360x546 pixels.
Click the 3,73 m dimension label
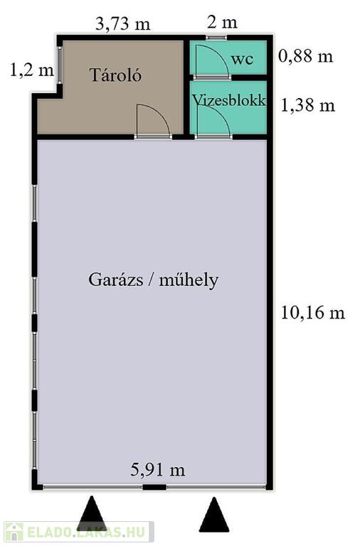(123, 24)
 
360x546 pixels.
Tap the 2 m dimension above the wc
(222, 23)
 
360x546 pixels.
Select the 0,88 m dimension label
(306, 56)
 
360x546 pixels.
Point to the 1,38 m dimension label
(308, 105)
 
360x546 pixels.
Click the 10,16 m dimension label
(312, 312)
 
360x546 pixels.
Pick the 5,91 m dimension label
(158, 470)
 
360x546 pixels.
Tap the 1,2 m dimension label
(32, 70)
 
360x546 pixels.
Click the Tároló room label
(116, 75)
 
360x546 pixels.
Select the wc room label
(242, 59)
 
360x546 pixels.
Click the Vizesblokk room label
(229, 100)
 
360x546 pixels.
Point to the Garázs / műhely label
(154, 280)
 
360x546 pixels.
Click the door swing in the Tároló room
(154, 120)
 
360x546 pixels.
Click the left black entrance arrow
(92, 513)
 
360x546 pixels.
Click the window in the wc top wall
(216, 37)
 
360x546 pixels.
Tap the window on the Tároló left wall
(60, 65)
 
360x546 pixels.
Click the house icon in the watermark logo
(14, 531)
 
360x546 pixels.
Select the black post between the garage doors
(154, 487)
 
